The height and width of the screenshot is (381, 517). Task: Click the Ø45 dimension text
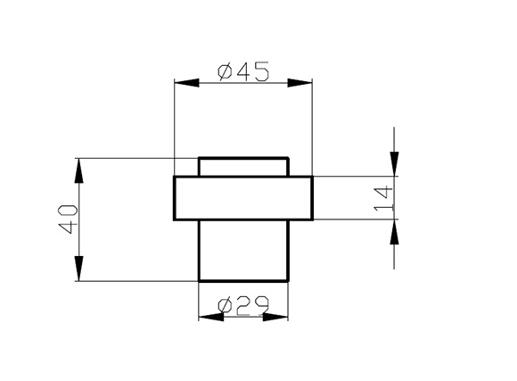243,71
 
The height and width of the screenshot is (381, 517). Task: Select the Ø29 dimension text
243,305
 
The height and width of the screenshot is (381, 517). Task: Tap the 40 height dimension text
69,219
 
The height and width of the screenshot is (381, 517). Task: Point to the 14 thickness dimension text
383,199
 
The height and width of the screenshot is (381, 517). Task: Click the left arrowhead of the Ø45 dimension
186,83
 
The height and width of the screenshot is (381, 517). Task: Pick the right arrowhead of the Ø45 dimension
300,83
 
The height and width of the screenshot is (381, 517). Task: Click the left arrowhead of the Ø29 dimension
211,318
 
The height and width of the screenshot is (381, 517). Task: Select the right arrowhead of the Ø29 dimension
275,318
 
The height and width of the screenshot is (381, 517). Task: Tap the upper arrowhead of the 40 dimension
78,170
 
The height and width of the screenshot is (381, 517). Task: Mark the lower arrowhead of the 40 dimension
78,269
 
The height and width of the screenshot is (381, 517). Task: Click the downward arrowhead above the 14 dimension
394,164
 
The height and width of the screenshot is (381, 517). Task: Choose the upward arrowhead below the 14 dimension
394,232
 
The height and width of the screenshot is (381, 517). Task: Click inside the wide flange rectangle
243,198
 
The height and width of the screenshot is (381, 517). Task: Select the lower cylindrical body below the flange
243,251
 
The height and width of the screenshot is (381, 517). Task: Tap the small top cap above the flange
243,167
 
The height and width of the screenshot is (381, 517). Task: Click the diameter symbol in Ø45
225,72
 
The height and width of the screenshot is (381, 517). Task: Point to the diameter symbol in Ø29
225,305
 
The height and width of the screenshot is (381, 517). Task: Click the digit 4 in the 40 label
69,228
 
